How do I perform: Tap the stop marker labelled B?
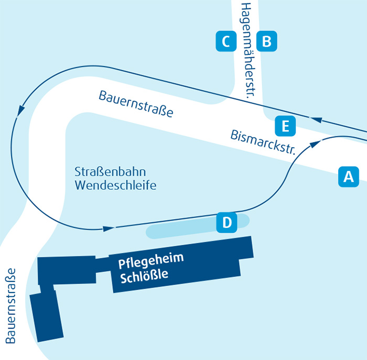(266, 41)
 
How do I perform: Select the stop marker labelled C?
(226, 41)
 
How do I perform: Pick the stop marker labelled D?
(227, 222)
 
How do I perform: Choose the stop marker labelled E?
(285, 126)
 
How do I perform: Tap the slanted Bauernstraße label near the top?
(135, 104)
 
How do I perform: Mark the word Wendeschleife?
(115, 185)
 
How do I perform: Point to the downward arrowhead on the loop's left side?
(21, 111)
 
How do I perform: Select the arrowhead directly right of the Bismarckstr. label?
(315, 143)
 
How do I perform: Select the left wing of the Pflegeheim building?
(66, 270)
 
